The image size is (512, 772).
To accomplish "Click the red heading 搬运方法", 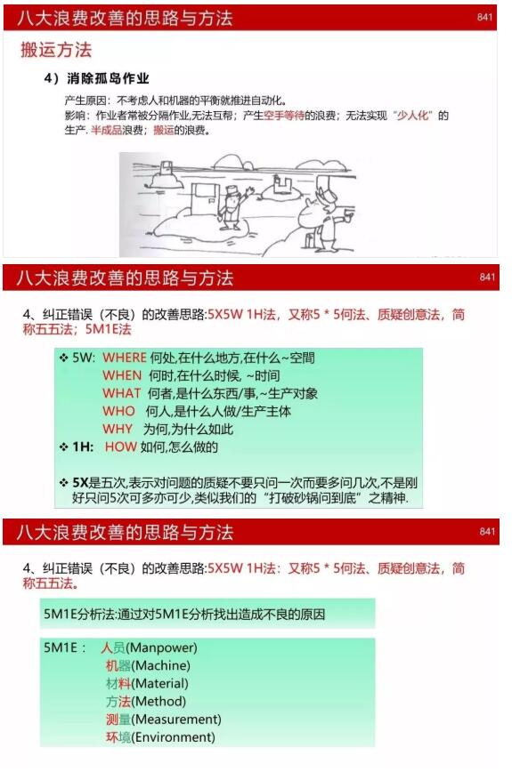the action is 56,50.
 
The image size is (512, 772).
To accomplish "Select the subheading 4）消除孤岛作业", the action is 96,79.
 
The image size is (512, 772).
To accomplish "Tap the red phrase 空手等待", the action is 284,116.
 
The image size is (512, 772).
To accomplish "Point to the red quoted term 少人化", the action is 413,116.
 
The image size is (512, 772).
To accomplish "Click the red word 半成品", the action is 107,131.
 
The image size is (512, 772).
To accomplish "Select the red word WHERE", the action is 125,358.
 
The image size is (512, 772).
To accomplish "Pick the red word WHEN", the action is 122,375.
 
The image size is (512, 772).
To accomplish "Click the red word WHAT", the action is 121,393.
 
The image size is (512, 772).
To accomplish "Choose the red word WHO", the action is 118,411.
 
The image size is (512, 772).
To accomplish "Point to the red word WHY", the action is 118,429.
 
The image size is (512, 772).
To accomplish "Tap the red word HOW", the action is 121,446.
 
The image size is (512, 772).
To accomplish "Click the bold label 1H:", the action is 83,446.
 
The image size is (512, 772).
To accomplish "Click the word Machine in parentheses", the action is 160,665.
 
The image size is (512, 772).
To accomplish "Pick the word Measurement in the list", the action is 176,720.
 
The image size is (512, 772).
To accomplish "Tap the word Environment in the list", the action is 174,737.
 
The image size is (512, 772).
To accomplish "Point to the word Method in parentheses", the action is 158,701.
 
